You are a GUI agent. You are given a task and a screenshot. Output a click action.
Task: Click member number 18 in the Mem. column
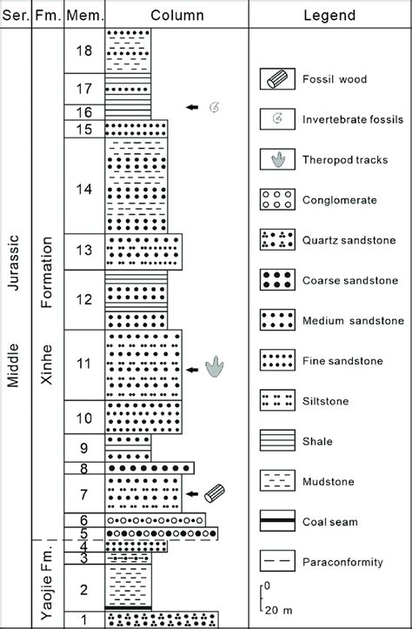[83, 51]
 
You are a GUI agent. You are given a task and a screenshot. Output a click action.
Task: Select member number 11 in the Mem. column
[83, 365]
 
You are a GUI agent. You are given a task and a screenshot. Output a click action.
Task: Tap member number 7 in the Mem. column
[83, 495]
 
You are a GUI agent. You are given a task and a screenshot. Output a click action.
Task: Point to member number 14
[83, 186]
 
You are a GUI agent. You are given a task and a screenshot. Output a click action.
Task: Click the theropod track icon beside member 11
[214, 369]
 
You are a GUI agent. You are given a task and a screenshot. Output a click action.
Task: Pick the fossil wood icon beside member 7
[215, 494]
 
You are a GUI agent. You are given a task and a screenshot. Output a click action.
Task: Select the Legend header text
[330, 15]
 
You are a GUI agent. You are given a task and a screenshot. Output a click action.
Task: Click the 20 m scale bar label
[279, 608]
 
